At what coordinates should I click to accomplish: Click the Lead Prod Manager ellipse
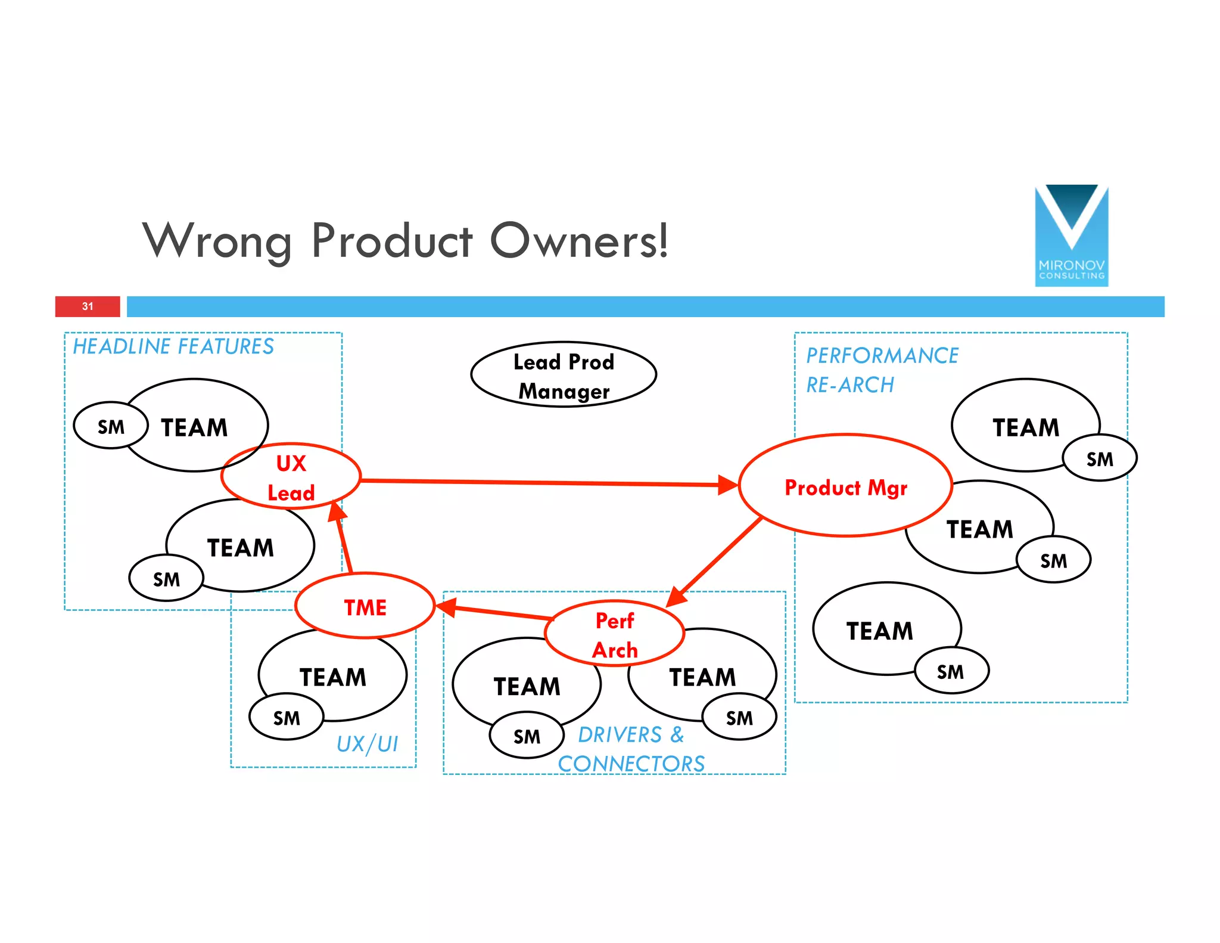click(563, 375)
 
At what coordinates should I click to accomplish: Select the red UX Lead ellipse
click(291, 476)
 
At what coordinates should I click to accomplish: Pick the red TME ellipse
click(365, 606)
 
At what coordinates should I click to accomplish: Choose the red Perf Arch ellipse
click(614, 634)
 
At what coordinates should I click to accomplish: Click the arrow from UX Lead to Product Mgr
click(536, 482)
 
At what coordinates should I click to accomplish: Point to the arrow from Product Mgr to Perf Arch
click(715, 560)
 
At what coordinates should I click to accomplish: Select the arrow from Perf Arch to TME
click(494, 612)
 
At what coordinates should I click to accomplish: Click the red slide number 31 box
click(88, 306)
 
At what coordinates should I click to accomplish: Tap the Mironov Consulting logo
click(1071, 235)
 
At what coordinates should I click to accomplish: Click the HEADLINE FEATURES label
click(173, 346)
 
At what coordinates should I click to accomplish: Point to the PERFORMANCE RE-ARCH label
click(882, 370)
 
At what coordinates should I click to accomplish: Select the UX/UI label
click(367, 744)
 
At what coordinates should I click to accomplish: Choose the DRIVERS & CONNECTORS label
click(631, 749)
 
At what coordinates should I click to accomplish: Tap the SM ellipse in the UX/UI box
click(287, 717)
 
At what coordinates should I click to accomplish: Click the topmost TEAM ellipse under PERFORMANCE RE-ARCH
click(1019, 420)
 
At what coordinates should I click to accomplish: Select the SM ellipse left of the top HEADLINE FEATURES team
click(111, 426)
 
